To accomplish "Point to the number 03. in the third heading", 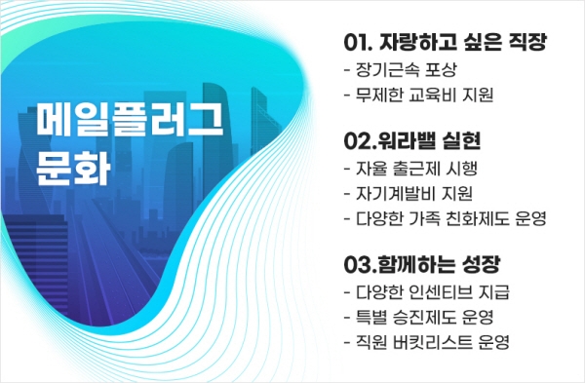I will [363, 265].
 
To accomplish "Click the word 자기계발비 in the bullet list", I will [403, 193].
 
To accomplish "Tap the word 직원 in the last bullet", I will [374, 343].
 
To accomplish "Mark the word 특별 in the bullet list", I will [374, 318].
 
